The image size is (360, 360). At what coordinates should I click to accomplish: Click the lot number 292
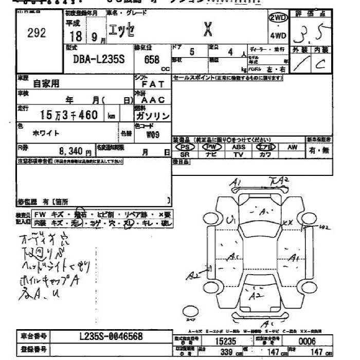[37, 33]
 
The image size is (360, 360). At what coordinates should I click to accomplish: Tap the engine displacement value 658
[152, 60]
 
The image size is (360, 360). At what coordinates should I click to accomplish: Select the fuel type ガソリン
[152, 116]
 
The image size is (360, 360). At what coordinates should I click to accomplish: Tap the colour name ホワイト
[46, 133]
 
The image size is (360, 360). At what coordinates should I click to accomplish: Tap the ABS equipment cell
[239, 147]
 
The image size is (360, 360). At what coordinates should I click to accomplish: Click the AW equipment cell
[293, 147]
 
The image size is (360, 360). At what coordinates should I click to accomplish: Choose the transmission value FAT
[152, 83]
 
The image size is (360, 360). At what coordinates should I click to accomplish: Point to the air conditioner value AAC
[153, 100]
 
